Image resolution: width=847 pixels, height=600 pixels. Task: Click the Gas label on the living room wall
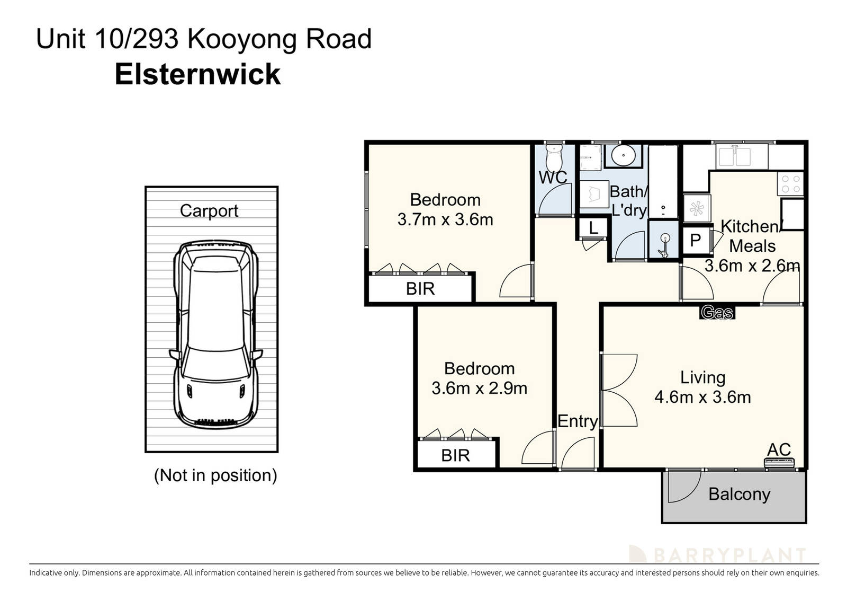click(717, 313)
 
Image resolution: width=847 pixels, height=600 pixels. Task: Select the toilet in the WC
click(554, 157)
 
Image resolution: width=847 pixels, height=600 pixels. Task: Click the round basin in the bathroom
click(623, 156)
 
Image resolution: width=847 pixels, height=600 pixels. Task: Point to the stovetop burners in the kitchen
click(790, 184)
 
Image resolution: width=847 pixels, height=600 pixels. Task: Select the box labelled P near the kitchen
click(695, 241)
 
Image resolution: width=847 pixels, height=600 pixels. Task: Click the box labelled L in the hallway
click(593, 228)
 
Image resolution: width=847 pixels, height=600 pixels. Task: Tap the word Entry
click(578, 421)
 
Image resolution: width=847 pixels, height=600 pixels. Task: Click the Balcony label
click(739, 494)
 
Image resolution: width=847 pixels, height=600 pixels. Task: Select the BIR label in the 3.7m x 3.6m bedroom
click(420, 289)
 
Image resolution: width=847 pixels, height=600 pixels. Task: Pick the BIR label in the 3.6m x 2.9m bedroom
click(455, 455)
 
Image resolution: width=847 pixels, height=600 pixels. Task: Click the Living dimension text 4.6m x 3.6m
click(702, 397)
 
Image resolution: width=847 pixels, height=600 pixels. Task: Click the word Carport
click(209, 210)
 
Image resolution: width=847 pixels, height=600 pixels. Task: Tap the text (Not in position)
click(215, 475)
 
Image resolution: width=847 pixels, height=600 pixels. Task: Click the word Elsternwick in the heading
click(197, 74)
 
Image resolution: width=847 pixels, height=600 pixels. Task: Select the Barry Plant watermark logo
click(717, 555)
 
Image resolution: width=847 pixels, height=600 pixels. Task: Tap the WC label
click(553, 177)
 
